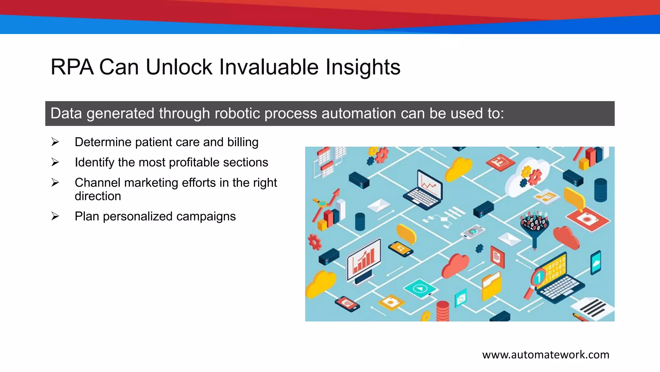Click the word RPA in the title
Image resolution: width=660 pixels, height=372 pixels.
(72, 67)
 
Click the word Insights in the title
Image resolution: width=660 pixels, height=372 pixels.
(363, 67)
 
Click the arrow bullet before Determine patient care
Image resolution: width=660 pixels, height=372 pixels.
(55, 142)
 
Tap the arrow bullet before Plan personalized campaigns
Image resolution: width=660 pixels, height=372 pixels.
(55, 216)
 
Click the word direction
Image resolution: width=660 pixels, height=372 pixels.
(98, 196)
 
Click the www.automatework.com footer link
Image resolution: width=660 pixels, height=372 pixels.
(545, 355)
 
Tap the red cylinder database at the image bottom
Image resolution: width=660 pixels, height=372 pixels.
(442, 310)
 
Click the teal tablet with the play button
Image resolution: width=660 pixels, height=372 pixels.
(420, 288)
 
